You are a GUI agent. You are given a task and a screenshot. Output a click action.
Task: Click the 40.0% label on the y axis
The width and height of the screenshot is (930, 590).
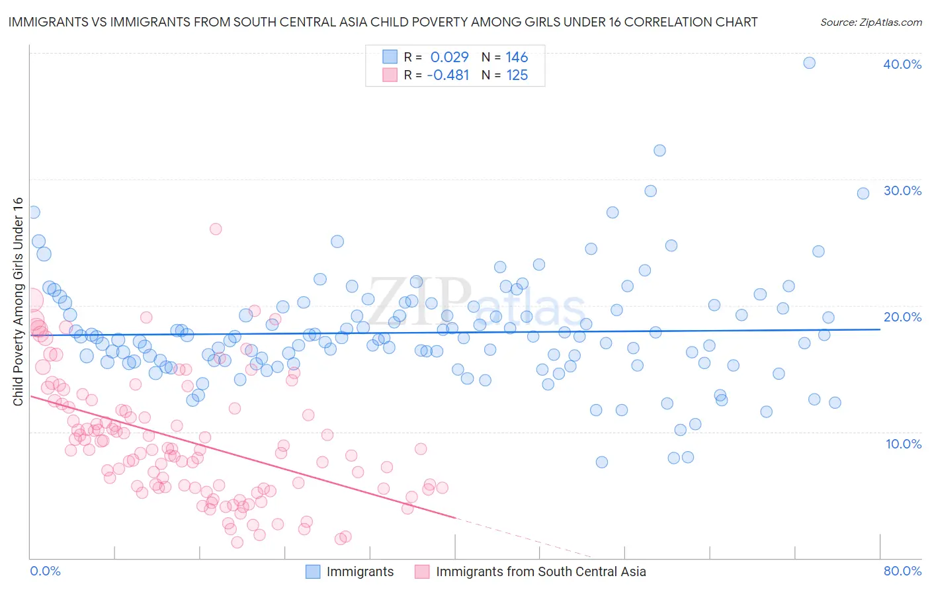902,64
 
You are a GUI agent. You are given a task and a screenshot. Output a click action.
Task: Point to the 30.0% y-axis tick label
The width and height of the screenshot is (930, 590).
902,190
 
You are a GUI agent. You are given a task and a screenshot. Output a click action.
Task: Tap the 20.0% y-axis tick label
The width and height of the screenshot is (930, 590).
902,317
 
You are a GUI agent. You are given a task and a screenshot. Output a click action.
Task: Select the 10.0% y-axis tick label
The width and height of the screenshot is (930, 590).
903,444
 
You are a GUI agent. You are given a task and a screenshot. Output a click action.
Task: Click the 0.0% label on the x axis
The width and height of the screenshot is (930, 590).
45,571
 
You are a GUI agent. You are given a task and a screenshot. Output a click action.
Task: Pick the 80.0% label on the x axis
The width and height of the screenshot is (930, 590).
902,571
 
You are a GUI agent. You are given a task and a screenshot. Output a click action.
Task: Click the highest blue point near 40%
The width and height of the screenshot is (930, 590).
809,63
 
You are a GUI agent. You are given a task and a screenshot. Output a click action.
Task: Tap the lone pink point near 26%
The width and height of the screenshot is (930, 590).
216,229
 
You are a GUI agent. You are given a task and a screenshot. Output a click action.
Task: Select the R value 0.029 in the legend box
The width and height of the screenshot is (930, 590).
449,57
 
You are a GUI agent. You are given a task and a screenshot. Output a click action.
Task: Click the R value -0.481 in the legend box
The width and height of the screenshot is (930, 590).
448,75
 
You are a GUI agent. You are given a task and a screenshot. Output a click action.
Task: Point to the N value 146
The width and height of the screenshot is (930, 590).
517,57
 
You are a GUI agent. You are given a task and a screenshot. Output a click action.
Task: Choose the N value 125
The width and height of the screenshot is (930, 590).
517,75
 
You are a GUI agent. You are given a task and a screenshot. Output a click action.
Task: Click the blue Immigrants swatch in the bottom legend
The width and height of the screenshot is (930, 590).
313,571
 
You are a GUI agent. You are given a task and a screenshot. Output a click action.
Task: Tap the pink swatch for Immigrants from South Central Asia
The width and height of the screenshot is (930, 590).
422,571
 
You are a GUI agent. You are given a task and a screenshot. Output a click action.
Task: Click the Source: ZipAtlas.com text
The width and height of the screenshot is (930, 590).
870,22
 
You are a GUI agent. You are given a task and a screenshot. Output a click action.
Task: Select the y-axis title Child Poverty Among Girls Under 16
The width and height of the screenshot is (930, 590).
18,302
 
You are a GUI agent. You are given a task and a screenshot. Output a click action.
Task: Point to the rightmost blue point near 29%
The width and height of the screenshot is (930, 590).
863,193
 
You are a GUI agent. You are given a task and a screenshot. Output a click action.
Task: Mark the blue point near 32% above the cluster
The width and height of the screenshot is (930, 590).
659,150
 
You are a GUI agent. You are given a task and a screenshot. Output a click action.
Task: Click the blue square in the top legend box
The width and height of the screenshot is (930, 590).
390,57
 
